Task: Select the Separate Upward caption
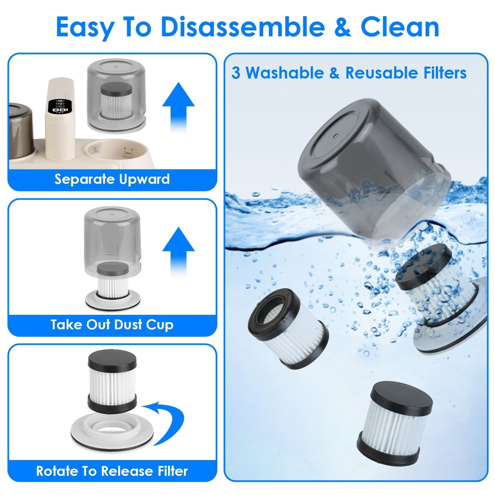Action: [x=112, y=179]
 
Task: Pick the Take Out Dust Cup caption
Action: [x=112, y=324]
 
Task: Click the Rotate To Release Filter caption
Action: [x=112, y=471]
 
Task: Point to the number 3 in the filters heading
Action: [x=236, y=73]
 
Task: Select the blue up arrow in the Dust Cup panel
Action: [x=178, y=252]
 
